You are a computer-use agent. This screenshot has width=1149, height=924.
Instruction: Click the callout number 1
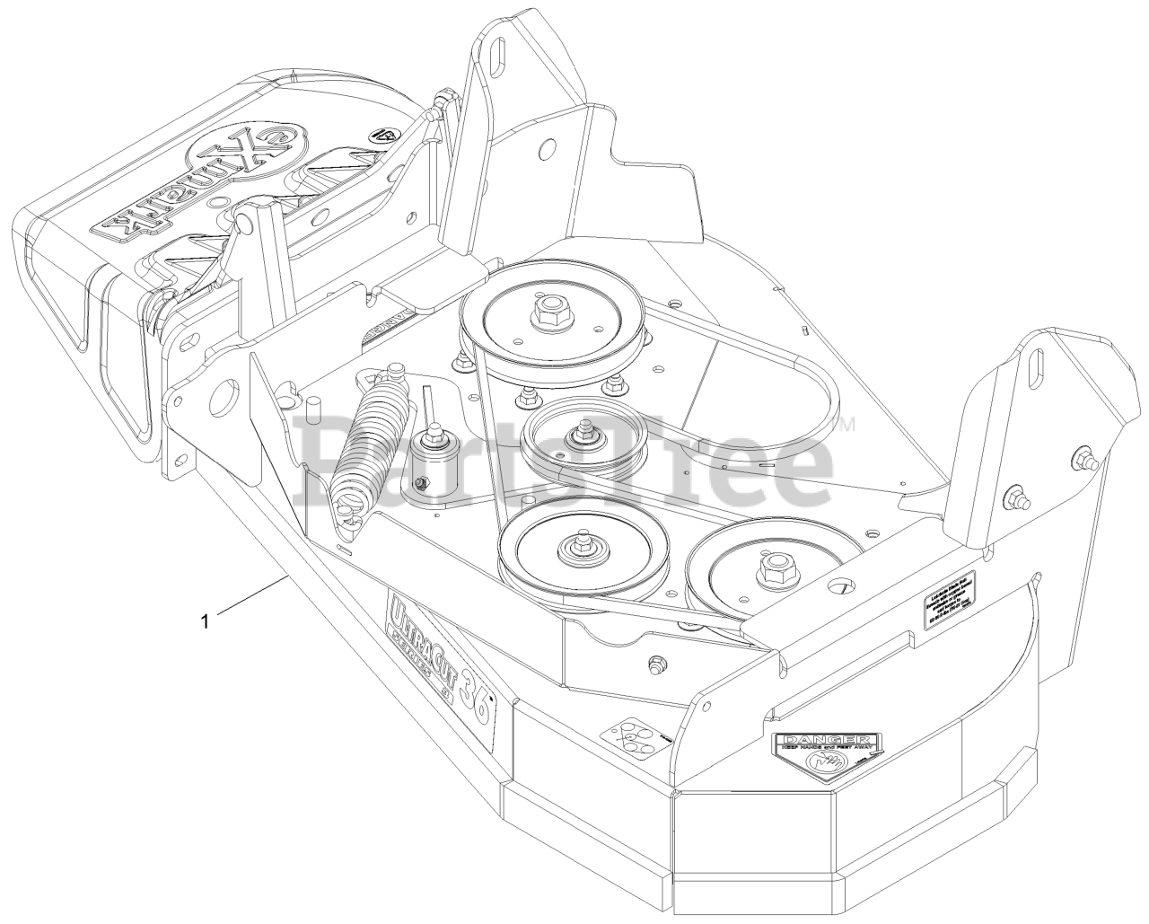point(206,620)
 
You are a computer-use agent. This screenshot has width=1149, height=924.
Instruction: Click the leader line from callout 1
point(251,598)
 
